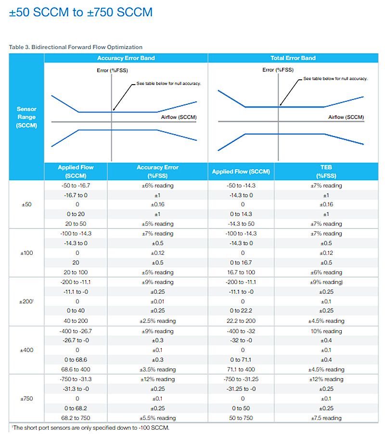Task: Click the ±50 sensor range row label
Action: [x=26, y=204]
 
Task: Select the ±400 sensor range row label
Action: [x=27, y=350]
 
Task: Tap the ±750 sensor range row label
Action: [x=26, y=398]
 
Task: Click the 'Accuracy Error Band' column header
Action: [x=126, y=58]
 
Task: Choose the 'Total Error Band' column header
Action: [x=293, y=58]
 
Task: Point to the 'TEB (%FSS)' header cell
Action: [x=326, y=171]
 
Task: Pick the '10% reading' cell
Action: [x=326, y=331]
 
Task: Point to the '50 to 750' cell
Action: [x=242, y=418]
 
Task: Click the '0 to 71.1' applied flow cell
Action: [x=242, y=360]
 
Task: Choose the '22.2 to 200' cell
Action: [x=242, y=321]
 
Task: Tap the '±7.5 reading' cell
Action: [x=326, y=418]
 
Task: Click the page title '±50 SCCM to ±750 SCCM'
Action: [x=80, y=12]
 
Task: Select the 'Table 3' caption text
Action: [x=76, y=47]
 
